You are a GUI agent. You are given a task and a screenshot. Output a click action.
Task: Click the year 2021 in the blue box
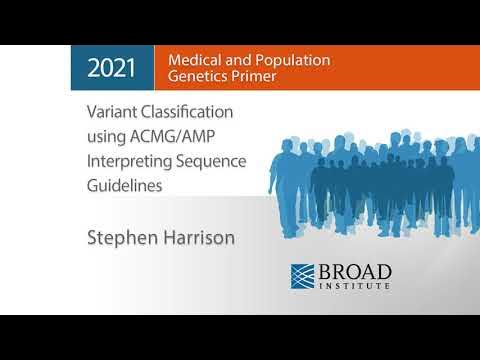[x=112, y=68]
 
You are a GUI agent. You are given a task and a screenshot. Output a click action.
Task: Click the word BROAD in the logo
[x=355, y=272]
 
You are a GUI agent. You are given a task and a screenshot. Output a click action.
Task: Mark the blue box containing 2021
[x=112, y=68]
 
